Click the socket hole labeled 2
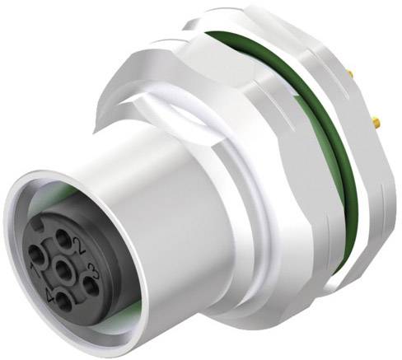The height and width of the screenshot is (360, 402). (x=64, y=239)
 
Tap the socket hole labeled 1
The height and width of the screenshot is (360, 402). (x=35, y=255)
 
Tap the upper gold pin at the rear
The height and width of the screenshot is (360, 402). (x=352, y=76)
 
